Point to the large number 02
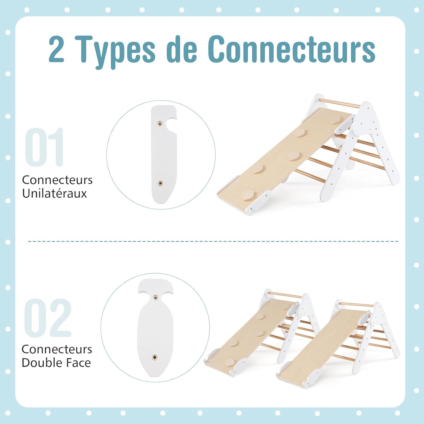point(47,318)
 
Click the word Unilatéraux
point(55,194)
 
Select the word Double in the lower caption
point(42,363)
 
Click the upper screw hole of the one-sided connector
point(160,124)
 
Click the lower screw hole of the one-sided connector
point(160,183)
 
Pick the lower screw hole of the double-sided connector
point(155,357)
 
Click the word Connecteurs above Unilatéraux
point(57,180)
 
